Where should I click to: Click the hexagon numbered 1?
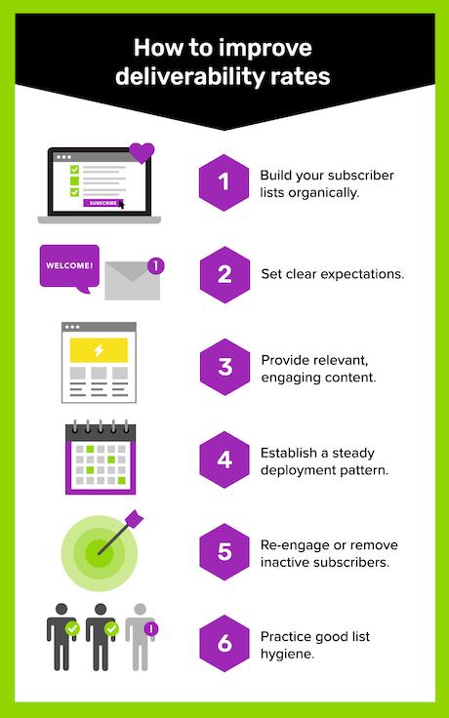pyautogui.click(x=224, y=182)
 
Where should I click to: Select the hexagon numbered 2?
pyautogui.click(x=224, y=274)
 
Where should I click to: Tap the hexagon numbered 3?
pyautogui.click(x=224, y=367)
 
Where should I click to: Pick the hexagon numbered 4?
pyautogui.click(x=224, y=459)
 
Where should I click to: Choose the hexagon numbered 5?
pyautogui.click(x=224, y=552)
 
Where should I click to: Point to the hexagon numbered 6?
pyautogui.click(x=224, y=644)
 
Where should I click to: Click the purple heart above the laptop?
pyautogui.click(x=142, y=153)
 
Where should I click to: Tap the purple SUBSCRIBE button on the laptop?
pyautogui.click(x=101, y=203)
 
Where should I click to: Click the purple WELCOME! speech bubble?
pyautogui.click(x=69, y=266)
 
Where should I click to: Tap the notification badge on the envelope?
pyautogui.click(x=156, y=263)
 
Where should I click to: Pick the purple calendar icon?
pyautogui.click(x=99, y=459)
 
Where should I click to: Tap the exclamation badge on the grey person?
pyautogui.click(x=151, y=630)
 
